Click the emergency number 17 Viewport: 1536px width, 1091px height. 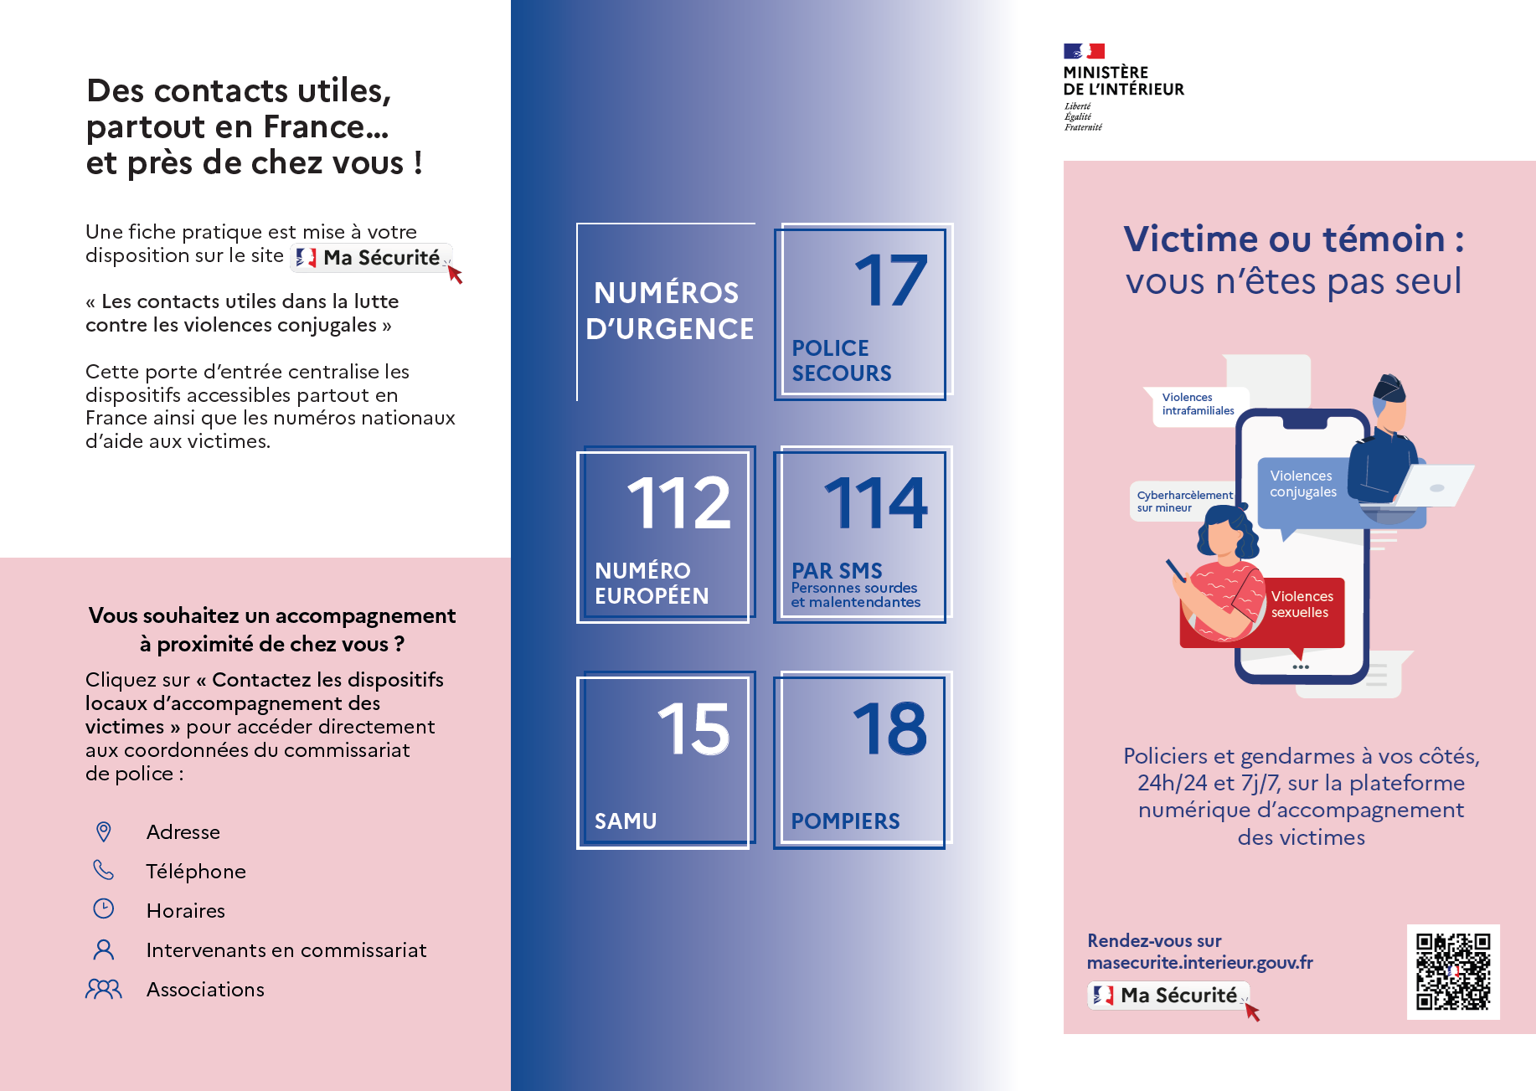point(891,281)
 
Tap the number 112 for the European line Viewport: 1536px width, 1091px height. point(679,503)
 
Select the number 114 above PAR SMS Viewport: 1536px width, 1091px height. point(876,503)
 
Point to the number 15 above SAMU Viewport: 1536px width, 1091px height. point(693,728)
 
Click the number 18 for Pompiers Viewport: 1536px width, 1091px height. point(889,728)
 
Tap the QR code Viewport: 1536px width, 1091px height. point(1452,971)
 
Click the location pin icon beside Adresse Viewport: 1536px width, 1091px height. point(104,831)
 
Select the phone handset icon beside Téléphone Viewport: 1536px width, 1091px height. point(104,871)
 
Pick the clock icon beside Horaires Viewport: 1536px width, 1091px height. point(104,909)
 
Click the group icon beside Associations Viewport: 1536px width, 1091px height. point(104,990)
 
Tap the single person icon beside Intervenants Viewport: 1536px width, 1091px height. point(104,949)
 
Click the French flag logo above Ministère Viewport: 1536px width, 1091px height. point(1084,51)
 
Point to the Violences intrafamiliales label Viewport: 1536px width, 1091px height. point(1198,404)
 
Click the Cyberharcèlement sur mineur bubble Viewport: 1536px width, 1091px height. point(1183,502)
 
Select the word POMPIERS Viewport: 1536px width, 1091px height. point(845,821)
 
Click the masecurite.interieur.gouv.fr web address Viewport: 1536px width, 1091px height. point(1199,963)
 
